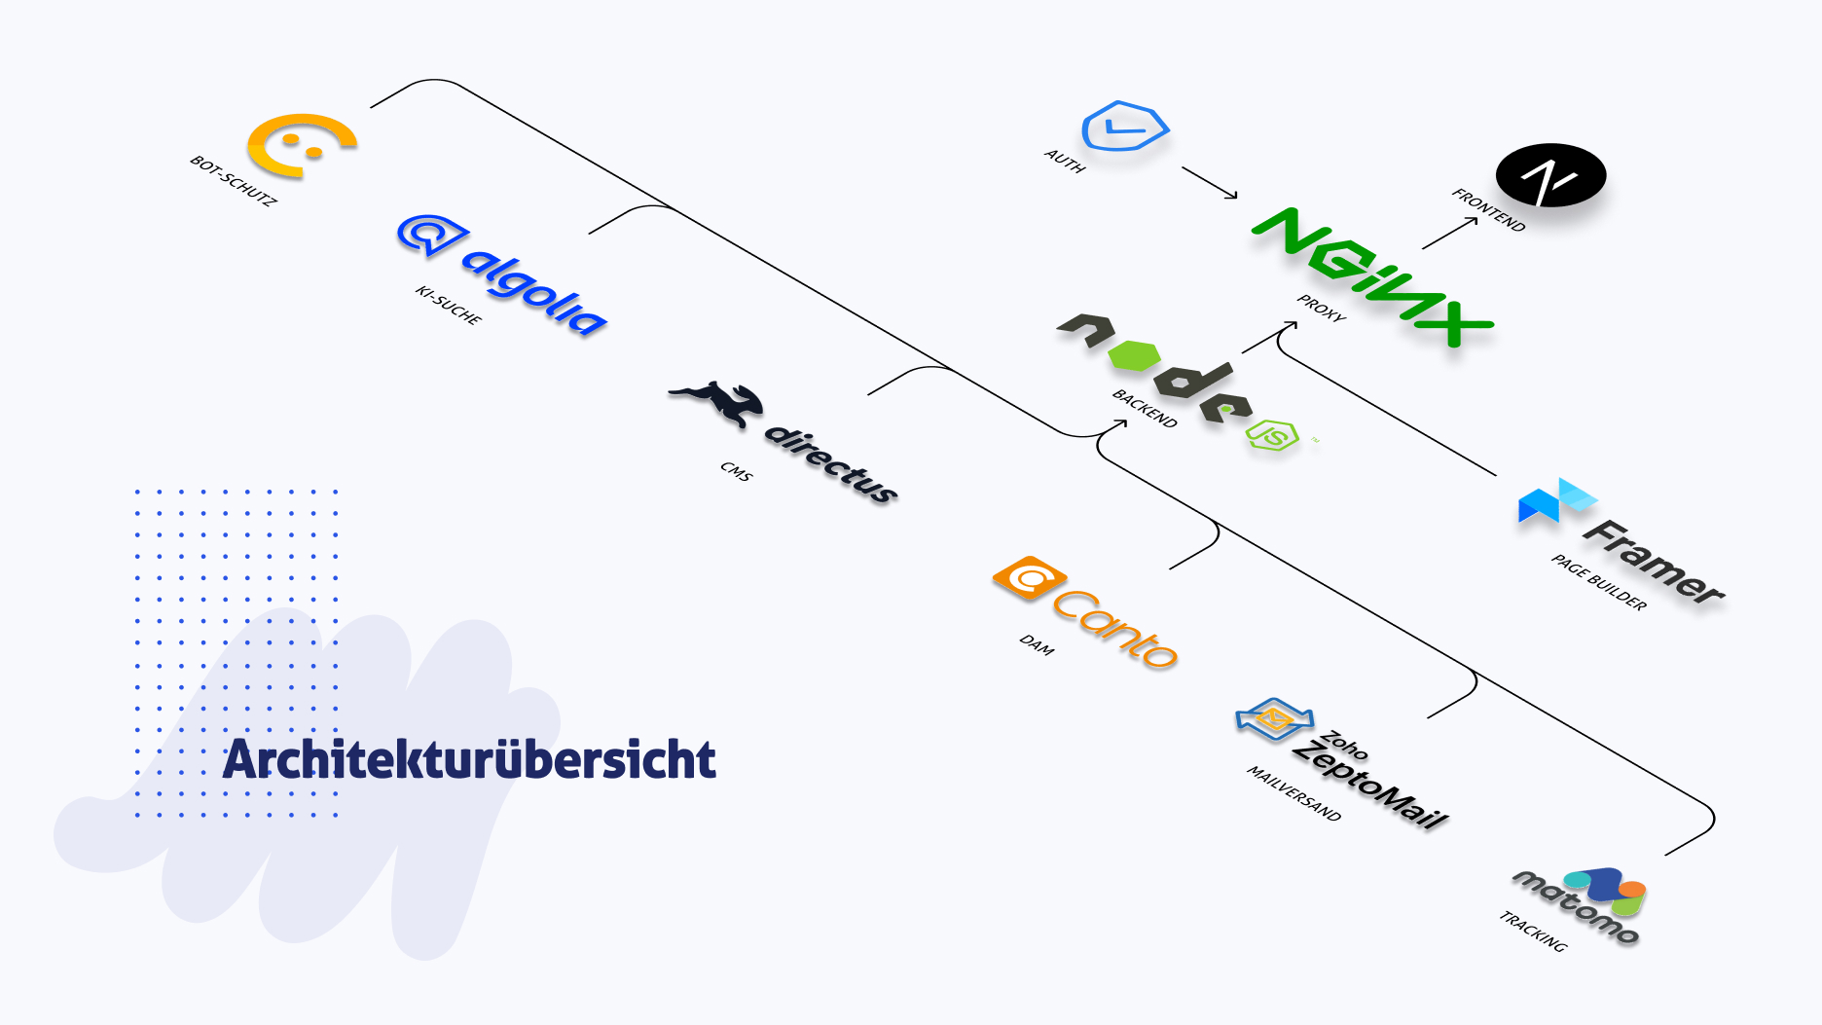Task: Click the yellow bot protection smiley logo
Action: [301, 146]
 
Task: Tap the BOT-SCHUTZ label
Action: [234, 180]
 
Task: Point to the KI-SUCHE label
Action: [449, 305]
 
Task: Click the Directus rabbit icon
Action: [717, 401]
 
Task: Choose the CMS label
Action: [737, 471]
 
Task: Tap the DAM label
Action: [1037, 644]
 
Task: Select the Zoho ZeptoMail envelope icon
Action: [1273, 719]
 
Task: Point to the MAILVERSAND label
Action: [1294, 793]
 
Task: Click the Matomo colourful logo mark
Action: [1611, 890]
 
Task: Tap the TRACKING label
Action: [1533, 932]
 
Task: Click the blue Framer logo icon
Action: [1554, 501]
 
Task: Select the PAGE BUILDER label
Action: [1599, 582]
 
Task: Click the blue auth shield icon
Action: [1124, 127]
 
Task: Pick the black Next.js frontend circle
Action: [1550, 176]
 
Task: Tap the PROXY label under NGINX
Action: [1322, 308]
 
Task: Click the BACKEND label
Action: [1145, 408]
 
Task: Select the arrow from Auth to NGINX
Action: [1210, 182]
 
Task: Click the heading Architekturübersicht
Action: [469, 760]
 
